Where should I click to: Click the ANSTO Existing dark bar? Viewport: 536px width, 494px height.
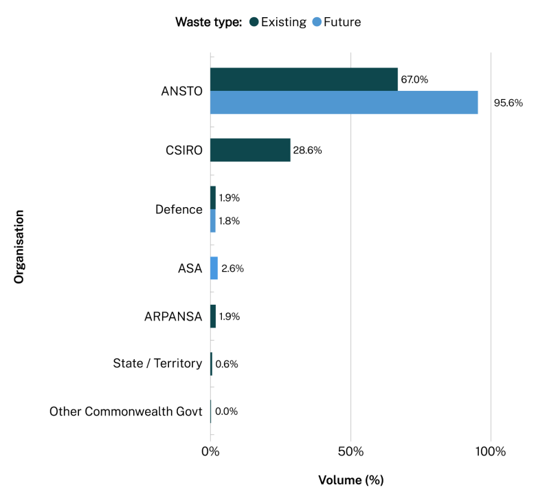304,79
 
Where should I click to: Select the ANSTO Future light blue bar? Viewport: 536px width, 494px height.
344,103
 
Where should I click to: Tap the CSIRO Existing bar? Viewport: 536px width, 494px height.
250,150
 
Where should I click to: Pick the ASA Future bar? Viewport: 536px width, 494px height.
214,268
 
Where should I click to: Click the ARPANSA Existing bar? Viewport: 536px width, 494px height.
213,316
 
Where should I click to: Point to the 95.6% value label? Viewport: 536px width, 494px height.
508,103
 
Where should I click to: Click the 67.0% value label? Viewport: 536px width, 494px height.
414,79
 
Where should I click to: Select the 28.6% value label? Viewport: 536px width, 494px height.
307,150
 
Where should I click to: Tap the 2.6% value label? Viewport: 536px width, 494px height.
232,268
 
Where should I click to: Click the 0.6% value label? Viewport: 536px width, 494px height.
227,364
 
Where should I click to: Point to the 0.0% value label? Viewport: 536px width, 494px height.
226,411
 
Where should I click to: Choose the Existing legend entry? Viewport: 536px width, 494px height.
278,22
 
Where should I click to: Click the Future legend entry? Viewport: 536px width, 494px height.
336,22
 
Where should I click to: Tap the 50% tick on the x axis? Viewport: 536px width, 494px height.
350,452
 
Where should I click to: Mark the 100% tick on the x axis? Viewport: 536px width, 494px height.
491,452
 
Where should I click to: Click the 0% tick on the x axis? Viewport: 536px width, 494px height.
210,452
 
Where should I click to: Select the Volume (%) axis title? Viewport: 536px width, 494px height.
350,479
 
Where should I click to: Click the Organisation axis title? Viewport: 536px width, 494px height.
19,247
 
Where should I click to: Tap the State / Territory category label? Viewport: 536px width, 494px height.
157,363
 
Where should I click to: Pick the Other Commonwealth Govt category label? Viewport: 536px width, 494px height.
126,411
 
